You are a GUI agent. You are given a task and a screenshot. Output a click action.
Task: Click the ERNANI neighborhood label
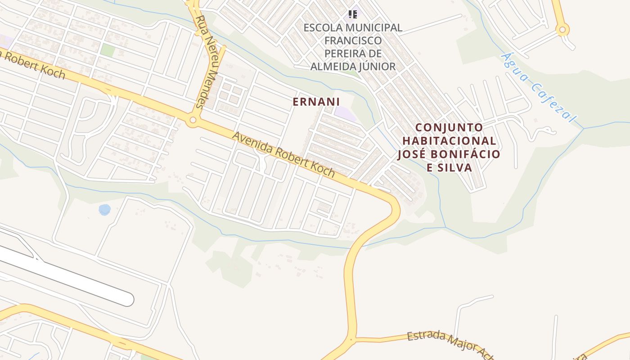[x=316, y=102]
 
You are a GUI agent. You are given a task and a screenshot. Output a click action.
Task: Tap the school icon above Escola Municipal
[x=353, y=14]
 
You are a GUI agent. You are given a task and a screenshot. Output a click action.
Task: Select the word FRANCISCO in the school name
[x=353, y=40]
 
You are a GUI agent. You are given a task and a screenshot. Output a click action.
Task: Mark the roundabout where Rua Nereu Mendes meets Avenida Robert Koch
[x=193, y=120]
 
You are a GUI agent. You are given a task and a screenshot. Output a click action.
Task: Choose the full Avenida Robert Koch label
[x=283, y=154]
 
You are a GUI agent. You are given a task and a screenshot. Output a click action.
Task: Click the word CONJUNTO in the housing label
[x=449, y=127]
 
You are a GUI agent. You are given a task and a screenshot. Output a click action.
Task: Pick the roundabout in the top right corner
[x=562, y=30]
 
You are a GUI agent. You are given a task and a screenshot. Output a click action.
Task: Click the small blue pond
[x=104, y=210]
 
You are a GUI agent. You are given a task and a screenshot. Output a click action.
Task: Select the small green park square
[x=108, y=50]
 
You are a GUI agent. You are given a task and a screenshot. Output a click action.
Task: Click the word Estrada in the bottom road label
[x=426, y=337]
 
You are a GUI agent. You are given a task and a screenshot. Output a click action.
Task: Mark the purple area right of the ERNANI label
[x=346, y=112]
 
